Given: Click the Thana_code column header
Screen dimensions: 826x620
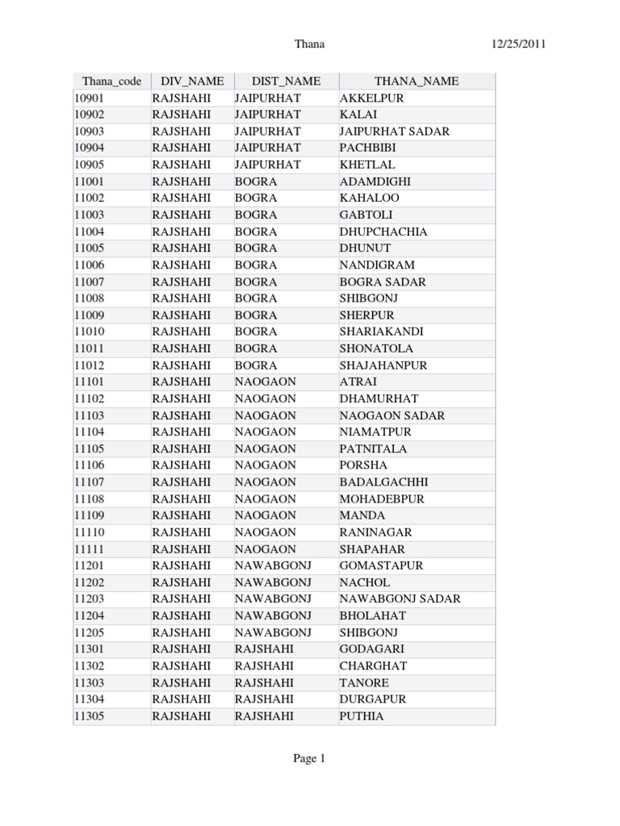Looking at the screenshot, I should click(111, 81).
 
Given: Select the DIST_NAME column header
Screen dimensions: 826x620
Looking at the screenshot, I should click(286, 81).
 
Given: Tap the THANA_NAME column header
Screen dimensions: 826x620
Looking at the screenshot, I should click(416, 81).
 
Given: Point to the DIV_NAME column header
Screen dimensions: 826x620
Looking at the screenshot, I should click(191, 81).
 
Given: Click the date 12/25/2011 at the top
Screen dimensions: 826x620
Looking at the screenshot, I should click(518, 44).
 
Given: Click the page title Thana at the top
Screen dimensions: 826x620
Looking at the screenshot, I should click(310, 44).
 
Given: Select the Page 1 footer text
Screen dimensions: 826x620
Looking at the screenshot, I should click(309, 758).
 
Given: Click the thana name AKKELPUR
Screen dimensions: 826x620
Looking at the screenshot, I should click(371, 98).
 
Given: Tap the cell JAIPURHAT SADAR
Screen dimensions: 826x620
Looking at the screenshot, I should click(394, 131).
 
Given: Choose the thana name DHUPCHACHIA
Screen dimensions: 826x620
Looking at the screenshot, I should click(383, 232).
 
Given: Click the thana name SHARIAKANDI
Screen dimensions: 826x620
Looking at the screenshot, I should click(381, 332).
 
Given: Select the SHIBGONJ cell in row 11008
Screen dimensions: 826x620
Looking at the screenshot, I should click(368, 298).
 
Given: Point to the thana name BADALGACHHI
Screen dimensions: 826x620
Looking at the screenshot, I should click(383, 482).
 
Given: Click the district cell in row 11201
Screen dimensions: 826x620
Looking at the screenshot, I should click(273, 565).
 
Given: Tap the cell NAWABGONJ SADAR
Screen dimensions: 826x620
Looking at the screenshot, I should click(400, 599).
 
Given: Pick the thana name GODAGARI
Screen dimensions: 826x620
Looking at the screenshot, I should click(371, 649).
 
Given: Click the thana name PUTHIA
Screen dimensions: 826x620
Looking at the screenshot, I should click(362, 716).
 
